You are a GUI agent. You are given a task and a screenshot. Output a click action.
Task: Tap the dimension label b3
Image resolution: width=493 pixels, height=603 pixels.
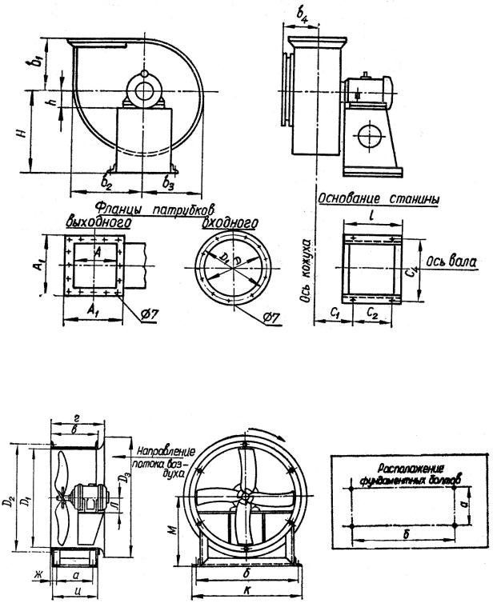tap(167, 181)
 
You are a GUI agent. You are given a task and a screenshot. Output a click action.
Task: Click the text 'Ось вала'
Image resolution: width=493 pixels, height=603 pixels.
tap(452, 261)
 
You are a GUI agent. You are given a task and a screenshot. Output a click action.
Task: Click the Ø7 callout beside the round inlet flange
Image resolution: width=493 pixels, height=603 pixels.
tap(273, 317)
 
